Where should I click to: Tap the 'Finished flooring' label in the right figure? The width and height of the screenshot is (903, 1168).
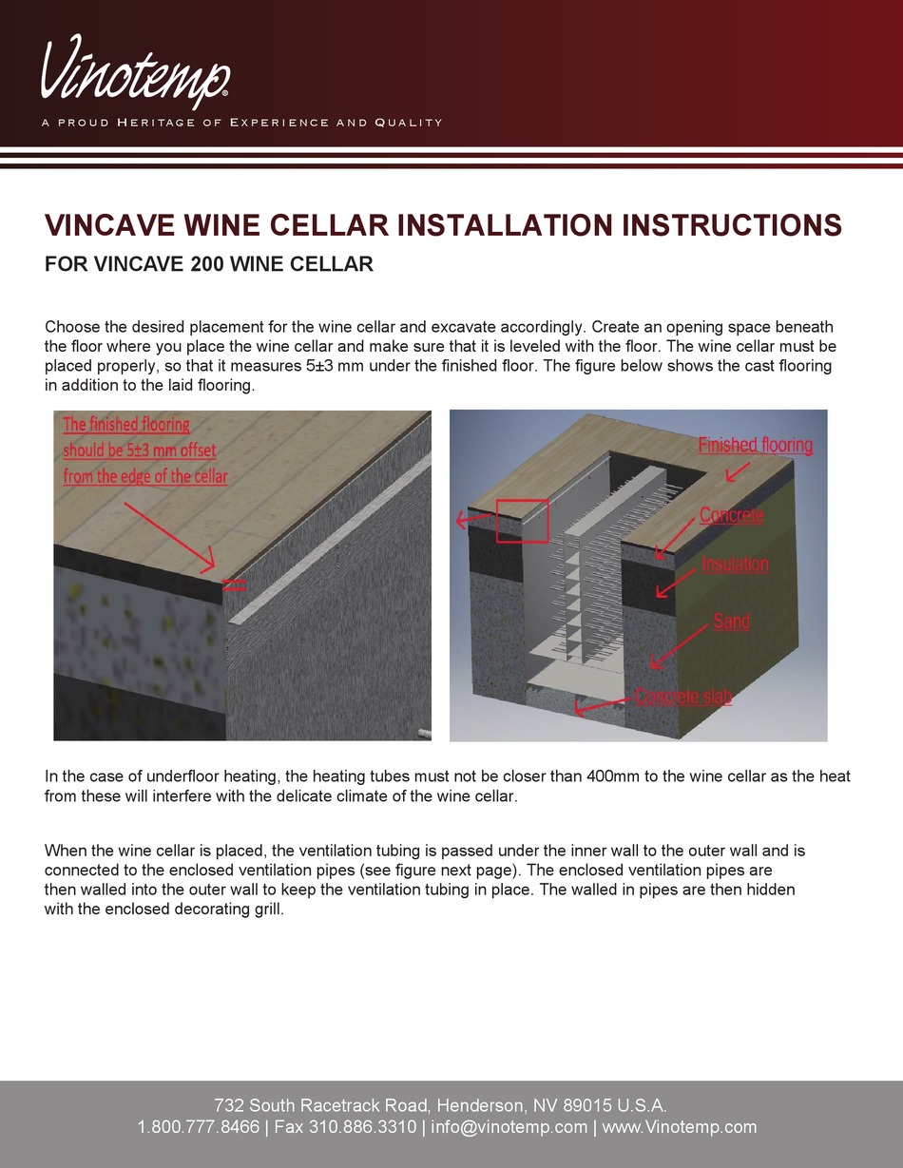[x=755, y=445]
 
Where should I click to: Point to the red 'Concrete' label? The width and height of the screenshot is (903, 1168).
[x=731, y=515]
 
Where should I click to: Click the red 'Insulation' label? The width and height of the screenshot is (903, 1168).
[x=735, y=564]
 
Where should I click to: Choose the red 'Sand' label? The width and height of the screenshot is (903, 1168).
[x=731, y=622]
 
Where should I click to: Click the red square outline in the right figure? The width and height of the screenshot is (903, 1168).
[x=522, y=521]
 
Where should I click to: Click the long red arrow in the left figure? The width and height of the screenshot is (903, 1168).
[x=169, y=536]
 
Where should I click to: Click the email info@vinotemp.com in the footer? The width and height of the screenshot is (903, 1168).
[x=509, y=1127]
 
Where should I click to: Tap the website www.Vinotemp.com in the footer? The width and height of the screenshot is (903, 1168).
[x=680, y=1127]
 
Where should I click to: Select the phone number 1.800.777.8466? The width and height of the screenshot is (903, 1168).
[x=198, y=1127]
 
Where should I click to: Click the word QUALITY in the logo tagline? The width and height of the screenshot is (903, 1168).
[x=408, y=123]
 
